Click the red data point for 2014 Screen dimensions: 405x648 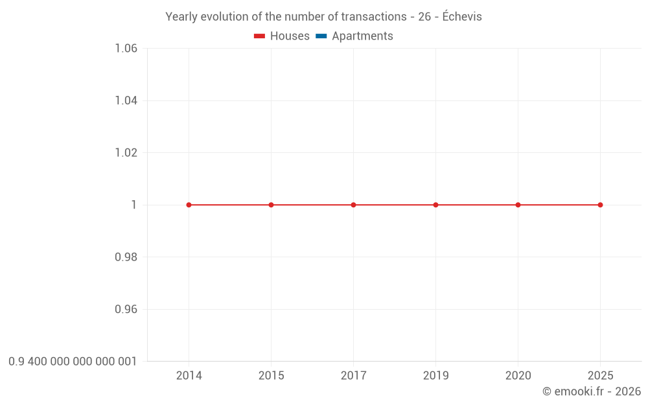(189, 205)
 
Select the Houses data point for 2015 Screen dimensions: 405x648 (271, 205)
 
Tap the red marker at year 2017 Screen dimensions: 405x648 (353, 205)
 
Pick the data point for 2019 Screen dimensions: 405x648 (435, 205)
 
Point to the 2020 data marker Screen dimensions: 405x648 (518, 205)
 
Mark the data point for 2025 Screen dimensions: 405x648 (600, 205)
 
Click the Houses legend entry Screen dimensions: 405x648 (282, 36)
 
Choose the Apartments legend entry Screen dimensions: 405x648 (354, 36)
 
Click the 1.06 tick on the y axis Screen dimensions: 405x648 (126, 49)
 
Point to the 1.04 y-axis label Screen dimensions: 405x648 (126, 100)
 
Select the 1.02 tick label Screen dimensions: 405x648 (126, 153)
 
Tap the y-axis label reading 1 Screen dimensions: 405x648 (134, 205)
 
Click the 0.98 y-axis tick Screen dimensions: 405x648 (126, 257)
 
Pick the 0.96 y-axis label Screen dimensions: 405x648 (126, 309)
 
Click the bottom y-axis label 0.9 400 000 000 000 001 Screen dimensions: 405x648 (73, 362)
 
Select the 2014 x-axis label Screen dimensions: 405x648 (189, 376)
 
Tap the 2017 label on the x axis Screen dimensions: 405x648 (353, 376)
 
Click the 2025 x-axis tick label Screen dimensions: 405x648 (600, 376)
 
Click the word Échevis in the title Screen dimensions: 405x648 (462, 17)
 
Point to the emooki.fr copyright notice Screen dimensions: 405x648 (591, 391)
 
